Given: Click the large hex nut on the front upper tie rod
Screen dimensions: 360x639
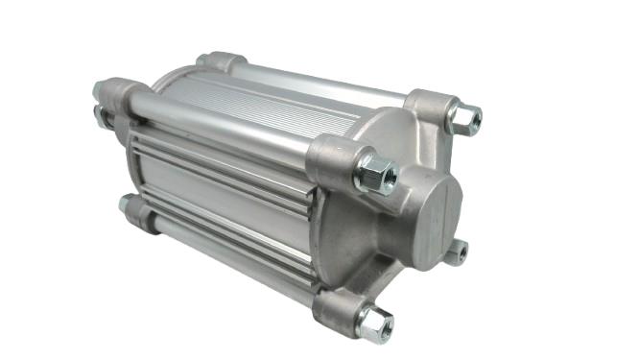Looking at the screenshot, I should point(375,175).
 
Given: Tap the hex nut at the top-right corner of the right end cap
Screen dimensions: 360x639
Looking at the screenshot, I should point(466,118).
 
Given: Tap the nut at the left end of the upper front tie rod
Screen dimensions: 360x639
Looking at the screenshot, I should point(100,91).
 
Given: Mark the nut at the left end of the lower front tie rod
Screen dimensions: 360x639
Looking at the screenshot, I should point(125,204).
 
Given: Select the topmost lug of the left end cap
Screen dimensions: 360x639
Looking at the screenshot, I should point(220,61).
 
